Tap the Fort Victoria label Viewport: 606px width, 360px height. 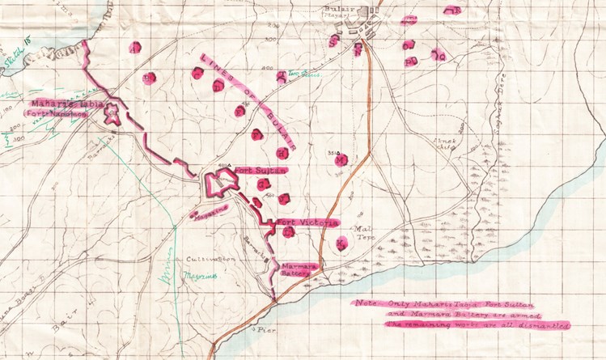tap(307, 221)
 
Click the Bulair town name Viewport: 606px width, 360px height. tap(358, 6)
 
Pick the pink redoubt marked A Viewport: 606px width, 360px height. tap(136, 46)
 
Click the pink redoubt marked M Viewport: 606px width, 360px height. tap(341, 159)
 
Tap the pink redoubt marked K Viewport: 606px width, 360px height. tap(342, 241)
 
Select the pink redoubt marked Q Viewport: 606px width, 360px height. tap(439, 56)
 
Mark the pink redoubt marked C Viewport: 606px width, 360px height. tap(197, 73)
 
